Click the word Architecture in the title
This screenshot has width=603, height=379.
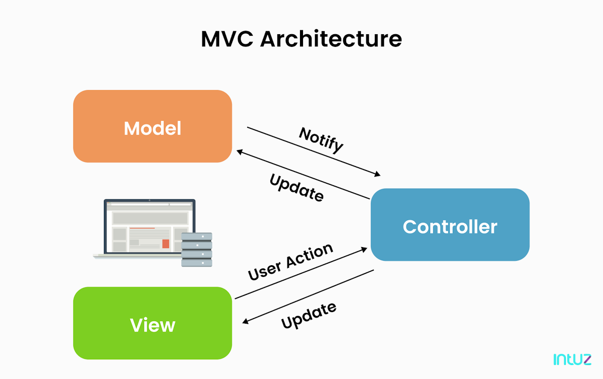coord(331,39)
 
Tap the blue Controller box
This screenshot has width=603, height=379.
coord(450,247)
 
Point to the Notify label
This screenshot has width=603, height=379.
coord(321,139)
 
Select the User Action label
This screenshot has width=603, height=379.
coord(290,262)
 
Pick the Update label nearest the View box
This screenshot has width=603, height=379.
coord(309,316)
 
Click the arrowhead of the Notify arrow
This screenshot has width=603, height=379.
coord(377,175)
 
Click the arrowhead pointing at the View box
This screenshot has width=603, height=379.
coord(246,322)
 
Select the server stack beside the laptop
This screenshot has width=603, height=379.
coord(196,249)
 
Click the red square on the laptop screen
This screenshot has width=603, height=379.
coord(166,244)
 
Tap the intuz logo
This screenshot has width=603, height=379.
coord(572,359)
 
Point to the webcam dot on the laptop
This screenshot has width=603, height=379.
coord(149,200)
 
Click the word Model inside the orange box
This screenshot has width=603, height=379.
coord(152,128)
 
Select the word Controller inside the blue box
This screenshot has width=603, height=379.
coord(450,226)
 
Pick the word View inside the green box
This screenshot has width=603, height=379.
coord(152,325)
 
